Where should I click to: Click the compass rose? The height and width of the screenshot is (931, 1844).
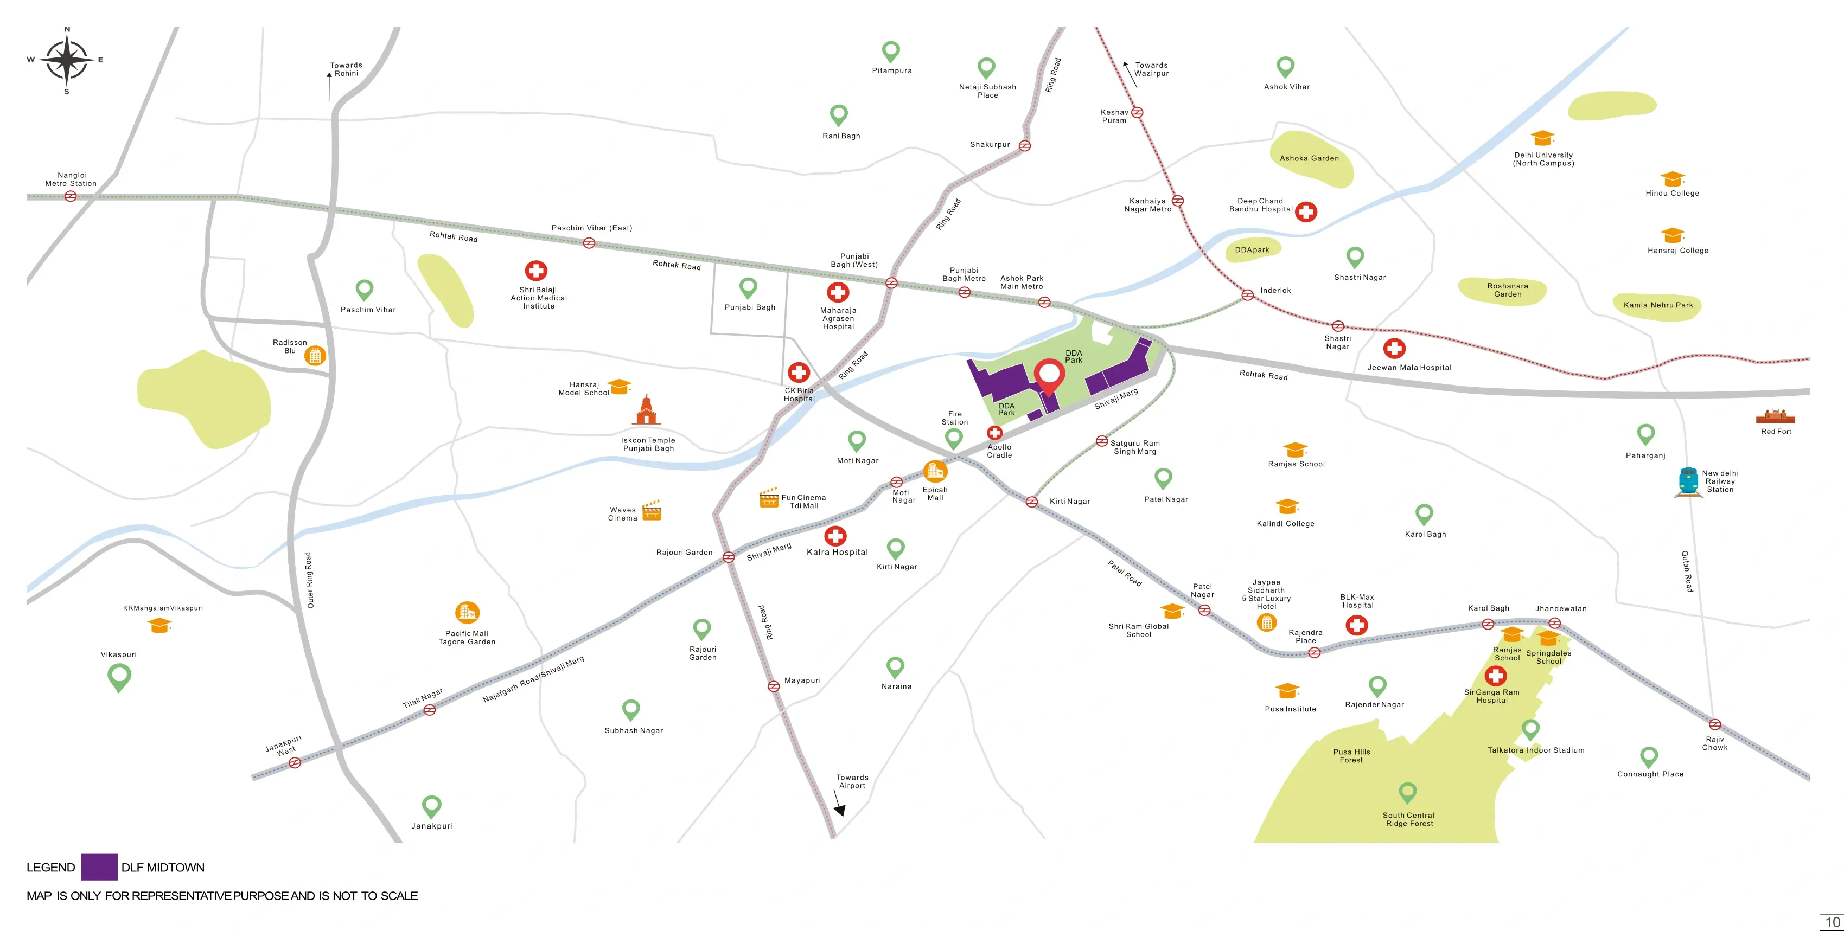tap(67, 60)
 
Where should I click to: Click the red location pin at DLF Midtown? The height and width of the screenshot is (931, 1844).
tap(1049, 376)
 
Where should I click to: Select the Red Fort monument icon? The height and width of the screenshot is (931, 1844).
tap(1775, 416)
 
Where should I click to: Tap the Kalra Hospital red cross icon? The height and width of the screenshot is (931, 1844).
tap(835, 535)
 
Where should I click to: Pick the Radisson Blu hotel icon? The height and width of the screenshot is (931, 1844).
tap(315, 355)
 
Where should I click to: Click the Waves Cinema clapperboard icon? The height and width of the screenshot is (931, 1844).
tap(652, 510)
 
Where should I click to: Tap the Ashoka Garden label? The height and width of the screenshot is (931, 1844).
tap(1309, 158)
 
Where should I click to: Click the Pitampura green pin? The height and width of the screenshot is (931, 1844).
tap(890, 52)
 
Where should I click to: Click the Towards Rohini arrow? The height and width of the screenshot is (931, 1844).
tap(329, 86)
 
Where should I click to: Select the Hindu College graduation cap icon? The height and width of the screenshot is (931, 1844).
tap(1672, 178)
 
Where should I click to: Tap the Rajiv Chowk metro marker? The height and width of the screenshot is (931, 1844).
tap(1714, 724)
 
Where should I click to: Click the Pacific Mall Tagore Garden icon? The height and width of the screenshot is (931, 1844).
tap(467, 613)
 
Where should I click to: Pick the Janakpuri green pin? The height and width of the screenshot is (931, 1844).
tap(432, 806)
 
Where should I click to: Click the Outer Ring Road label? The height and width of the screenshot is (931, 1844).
tap(309, 580)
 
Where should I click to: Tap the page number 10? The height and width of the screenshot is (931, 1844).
tap(1832, 922)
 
